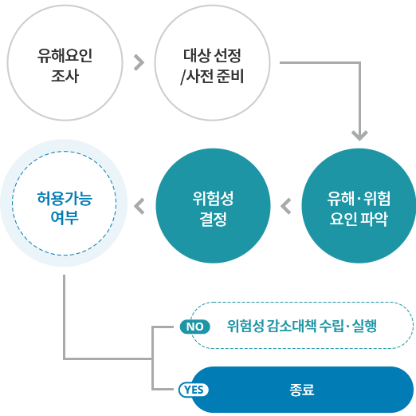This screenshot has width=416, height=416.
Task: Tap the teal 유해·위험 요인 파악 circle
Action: [x=359, y=206]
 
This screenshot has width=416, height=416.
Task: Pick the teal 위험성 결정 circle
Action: [x=213, y=206]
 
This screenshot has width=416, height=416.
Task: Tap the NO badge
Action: [x=195, y=327]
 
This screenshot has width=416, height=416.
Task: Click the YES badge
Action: [x=194, y=390]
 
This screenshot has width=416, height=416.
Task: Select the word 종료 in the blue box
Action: [x=302, y=390]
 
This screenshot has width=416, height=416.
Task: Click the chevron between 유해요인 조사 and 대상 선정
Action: [x=139, y=63]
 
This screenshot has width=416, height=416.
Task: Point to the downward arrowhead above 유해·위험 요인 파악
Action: [x=359, y=135]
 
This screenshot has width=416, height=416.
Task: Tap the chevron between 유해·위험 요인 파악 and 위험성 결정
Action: [x=286, y=206]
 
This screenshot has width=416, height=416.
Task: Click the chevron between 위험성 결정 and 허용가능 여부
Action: [x=139, y=206]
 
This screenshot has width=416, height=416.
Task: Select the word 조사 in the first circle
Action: [x=65, y=76]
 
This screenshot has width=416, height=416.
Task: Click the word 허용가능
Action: [x=65, y=199]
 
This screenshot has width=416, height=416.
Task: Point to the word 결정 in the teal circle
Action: [x=213, y=219]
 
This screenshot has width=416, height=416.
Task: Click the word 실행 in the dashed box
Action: [x=364, y=326]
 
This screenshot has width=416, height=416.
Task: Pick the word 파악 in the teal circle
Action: [x=374, y=219]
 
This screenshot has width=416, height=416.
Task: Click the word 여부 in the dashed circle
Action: [x=65, y=217]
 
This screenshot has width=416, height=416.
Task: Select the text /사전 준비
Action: [x=212, y=77]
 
